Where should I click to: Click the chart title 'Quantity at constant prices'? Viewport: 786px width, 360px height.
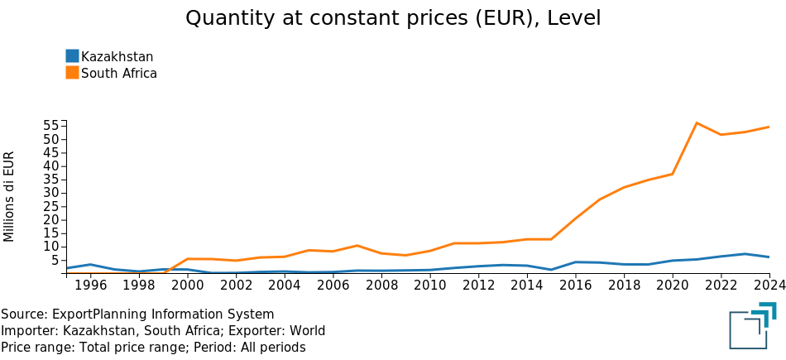click(x=392, y=18)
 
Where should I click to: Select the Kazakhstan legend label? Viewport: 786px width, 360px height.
click(x=117, y=56)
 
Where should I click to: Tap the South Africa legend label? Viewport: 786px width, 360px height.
click(x=118, y=73)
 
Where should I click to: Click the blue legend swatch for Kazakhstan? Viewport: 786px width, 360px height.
click(x=72, y=56)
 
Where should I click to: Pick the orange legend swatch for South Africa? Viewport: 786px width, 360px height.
click(x=72, y=73)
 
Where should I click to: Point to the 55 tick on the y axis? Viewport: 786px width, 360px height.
click(x=50, y=126)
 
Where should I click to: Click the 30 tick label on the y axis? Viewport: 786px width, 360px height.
click(x=50, y=193)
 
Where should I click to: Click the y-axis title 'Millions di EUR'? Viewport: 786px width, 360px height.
click(x=10, y=196)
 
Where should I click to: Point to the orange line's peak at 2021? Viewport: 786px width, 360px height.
click(x=697, y=123)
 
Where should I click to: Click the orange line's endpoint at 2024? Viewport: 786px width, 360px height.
click(x=769, y=127)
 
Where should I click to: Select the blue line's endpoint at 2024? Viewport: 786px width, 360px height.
click(x=769, y=257)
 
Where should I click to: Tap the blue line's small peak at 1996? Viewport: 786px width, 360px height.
click(x=90, y=264)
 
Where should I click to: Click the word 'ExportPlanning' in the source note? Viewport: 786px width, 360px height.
click(x=94, y=314)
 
